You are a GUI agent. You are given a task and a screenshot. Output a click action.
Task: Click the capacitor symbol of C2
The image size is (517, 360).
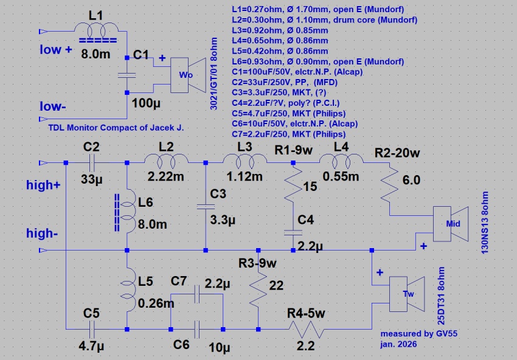click(91, 162)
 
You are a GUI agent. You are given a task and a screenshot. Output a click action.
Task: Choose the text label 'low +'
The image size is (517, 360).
click(60, 50)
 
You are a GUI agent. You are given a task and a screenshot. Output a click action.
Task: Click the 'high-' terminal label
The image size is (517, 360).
click(43, 233)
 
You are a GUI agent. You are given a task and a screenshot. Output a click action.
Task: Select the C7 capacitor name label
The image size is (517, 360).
click(179, 281)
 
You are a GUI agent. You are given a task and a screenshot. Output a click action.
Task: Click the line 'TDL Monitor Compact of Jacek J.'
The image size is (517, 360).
click(115, 129)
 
